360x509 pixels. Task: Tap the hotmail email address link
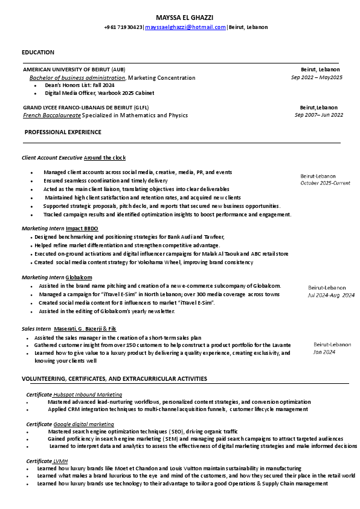click(x=185, y=27)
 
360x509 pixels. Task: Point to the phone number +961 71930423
click(x=123, y=27)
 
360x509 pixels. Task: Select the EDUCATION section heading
click(x=37, y=53)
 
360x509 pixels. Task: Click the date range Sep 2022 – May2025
click(x=317, y=78)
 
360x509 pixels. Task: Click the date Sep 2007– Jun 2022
click(x=318, y=115)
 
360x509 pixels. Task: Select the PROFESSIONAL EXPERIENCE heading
click(x=63, y=132)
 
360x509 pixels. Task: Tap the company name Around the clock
click(x=104, y=158)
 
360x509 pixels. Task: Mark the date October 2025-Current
click(x=325, y=183)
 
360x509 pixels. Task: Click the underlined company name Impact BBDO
click(x=82, y=229)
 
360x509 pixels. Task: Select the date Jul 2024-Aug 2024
click(x=331, y=296)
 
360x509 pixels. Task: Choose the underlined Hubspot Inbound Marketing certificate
click(x=88, y=394)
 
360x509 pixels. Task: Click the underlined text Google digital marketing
click(x=83, y=424)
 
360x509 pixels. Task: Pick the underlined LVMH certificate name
click(x=60, y=461)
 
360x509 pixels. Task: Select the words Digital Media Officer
click(x=71, y=93)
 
